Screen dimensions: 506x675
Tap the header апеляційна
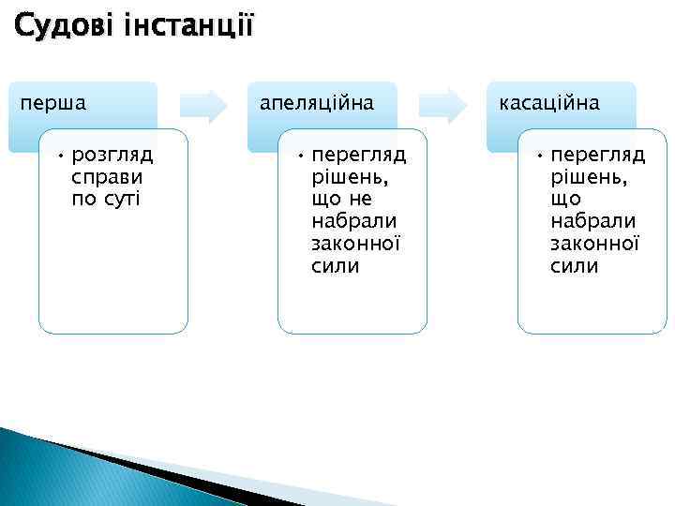point(316,101)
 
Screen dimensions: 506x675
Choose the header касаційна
point(550,101)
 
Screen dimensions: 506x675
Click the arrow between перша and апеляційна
point(204,105)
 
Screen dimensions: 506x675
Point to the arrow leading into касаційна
point(443,105)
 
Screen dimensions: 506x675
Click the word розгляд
point(112,154)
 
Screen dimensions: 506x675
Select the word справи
point(106,176)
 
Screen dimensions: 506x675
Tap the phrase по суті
point(105,198)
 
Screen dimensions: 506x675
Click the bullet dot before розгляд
point(57,154)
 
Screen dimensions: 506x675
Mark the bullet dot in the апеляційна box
point(296,154)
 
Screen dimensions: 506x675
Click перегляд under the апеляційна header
point(358,154)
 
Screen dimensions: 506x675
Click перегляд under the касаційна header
point(597,154)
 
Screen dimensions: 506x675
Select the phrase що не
point(341,198)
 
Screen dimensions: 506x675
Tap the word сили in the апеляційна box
point(335,265)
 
